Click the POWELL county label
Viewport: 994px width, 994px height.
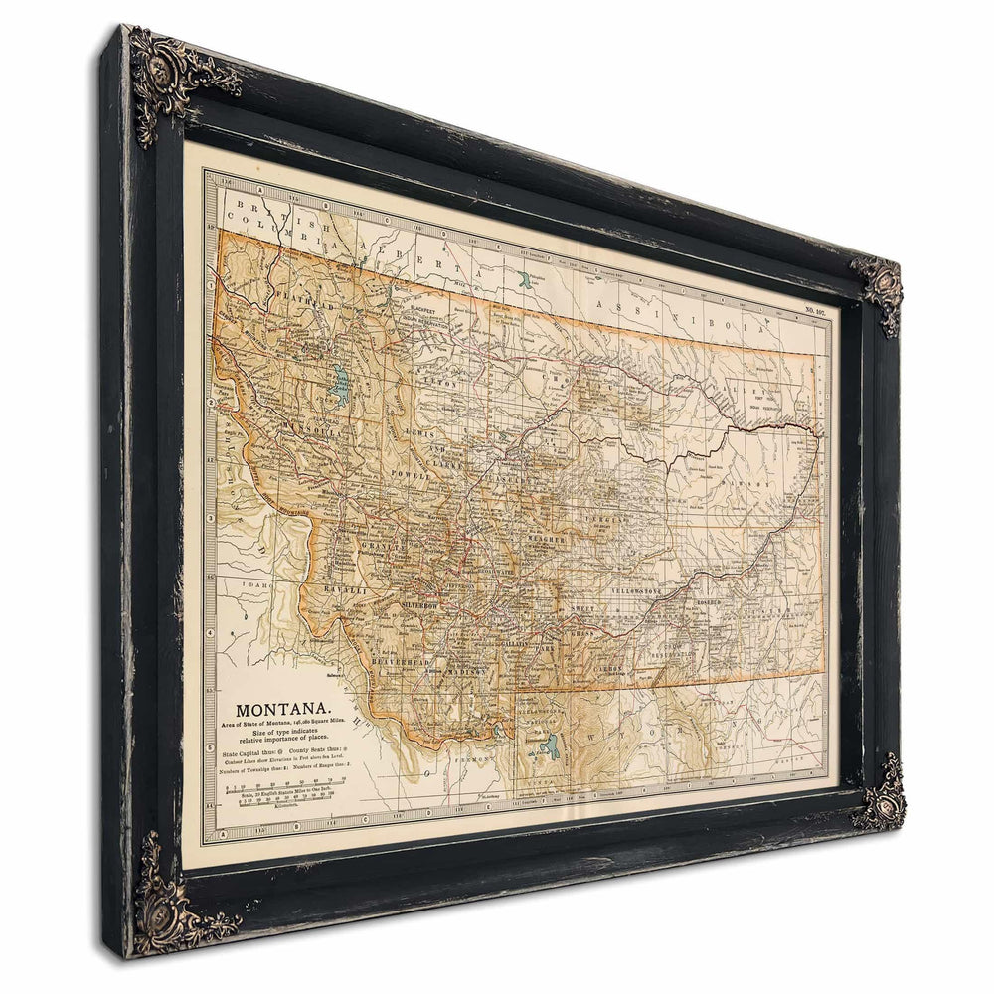tap(411, 476)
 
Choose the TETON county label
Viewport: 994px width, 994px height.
tap(440, 379)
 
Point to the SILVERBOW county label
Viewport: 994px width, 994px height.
tap(425, 604)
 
